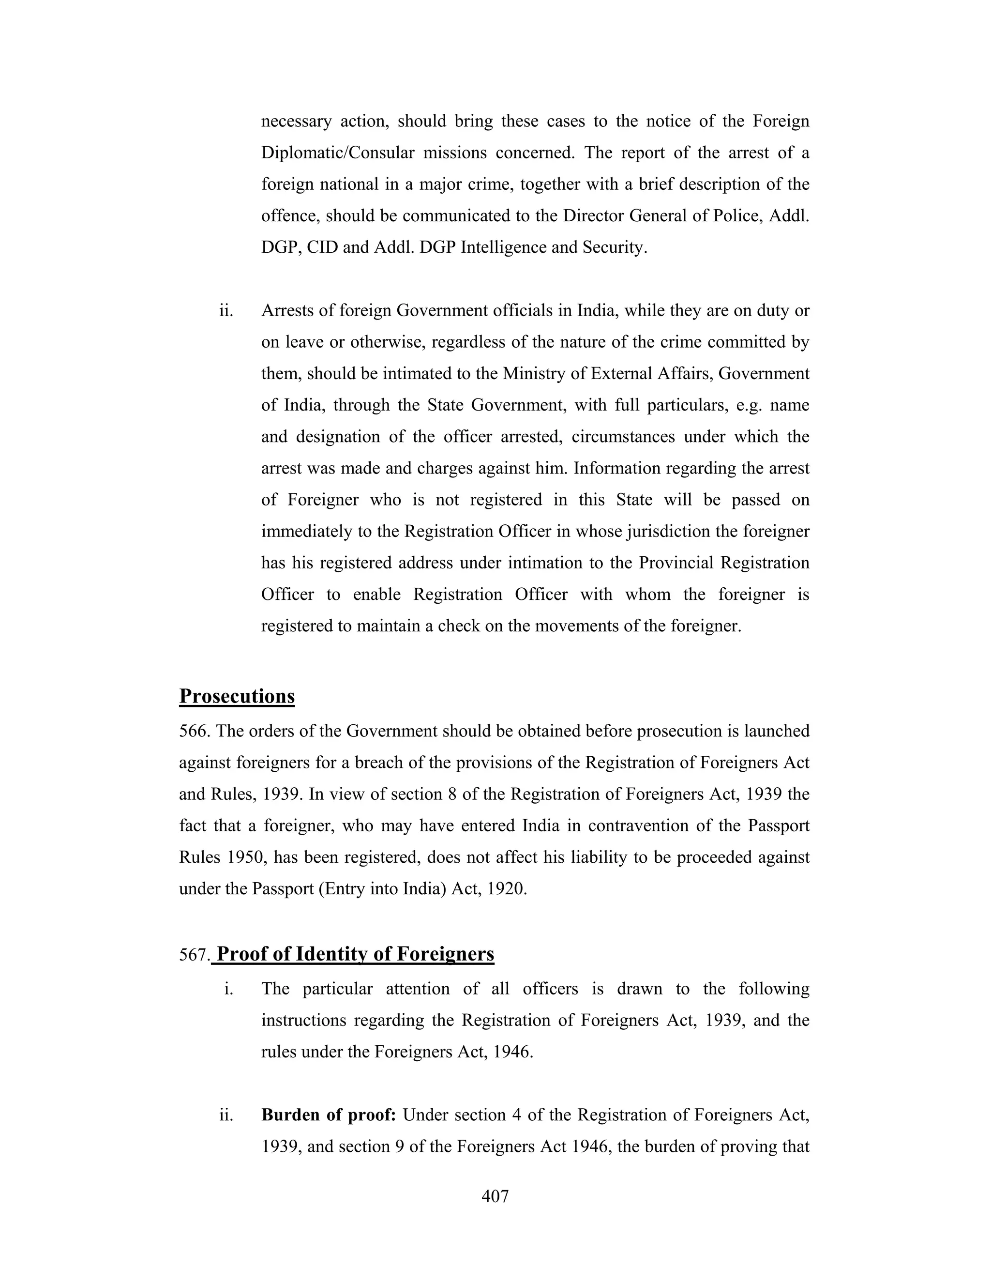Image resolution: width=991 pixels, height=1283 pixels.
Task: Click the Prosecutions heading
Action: click(237, 696)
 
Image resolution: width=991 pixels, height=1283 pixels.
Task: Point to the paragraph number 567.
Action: click(194, 955)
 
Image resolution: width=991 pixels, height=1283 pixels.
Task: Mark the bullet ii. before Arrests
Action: click(226, 310)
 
